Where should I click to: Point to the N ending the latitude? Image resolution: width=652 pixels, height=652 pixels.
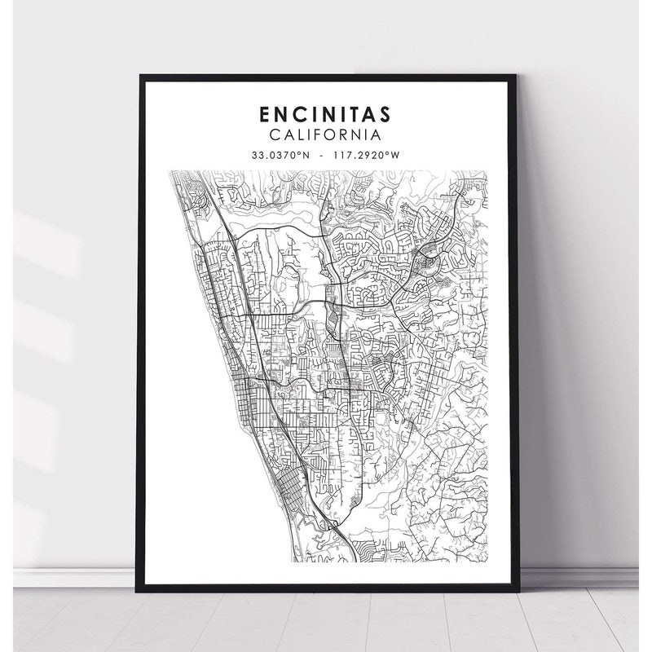click(x=308, y=154)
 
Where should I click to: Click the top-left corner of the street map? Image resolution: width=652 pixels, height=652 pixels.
click(x=169, y=171)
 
